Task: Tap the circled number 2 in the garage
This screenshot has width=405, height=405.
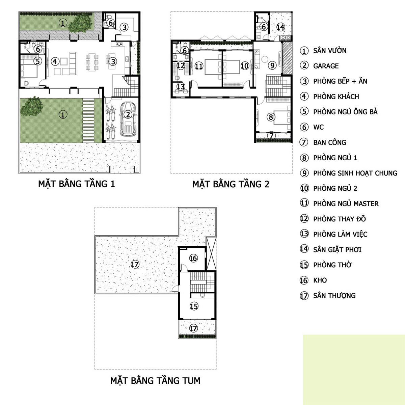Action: pos(128,114)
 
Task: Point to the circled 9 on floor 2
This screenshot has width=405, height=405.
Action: pos(272,65)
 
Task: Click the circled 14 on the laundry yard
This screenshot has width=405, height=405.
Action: pos(280,27)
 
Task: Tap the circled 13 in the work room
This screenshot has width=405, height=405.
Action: pos(181,87)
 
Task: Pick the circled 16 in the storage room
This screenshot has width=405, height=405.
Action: pos(193,259)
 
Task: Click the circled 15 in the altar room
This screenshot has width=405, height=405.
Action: pos(194,306)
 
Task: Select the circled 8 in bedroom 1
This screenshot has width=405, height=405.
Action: pos(271,117)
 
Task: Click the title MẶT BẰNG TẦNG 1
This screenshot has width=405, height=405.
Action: pos(77,184)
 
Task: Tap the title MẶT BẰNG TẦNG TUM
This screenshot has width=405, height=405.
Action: pos(155,381)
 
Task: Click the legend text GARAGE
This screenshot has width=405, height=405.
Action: pos(326,66)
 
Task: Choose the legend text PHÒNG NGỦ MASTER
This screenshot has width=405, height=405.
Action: pos(346,204)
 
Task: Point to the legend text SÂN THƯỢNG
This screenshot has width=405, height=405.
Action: pos(334,296)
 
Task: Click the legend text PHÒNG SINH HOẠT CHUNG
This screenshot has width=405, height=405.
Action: pos(355,173)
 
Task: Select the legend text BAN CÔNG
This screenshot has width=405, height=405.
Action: pos(329,142)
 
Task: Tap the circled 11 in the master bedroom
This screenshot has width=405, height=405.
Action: pos(199,66)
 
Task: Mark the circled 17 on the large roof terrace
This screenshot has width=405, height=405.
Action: pos(135,265)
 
